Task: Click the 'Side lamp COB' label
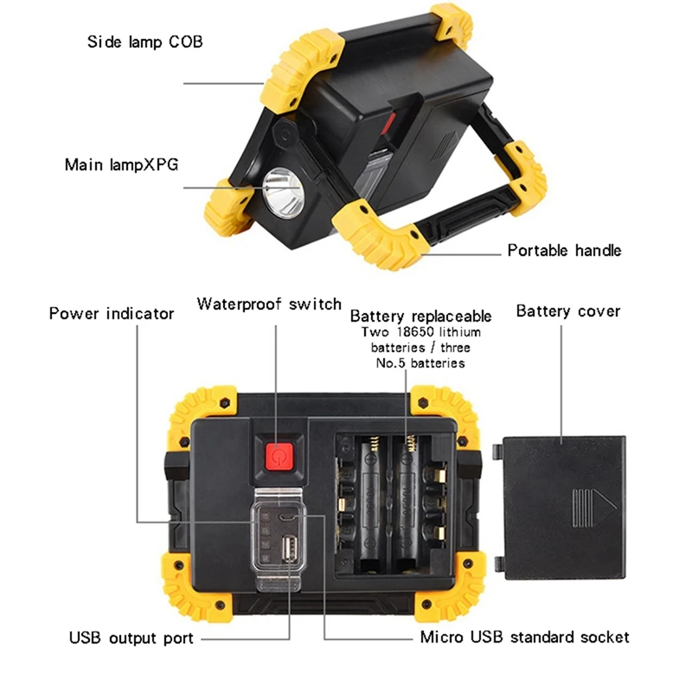coord(144,41)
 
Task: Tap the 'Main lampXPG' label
coord(121,164)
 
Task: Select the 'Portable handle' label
coord(564,251)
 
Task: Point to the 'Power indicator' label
coord(112,313)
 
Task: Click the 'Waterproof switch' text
coord(269,304)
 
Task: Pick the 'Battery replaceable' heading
coord(420,316)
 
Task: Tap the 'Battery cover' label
coord(568,311)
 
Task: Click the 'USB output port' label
coord(131,638)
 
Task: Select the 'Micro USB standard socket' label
coord(525,638)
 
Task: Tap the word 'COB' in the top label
coord(186,41)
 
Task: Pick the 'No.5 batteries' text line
coord(420,363)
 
